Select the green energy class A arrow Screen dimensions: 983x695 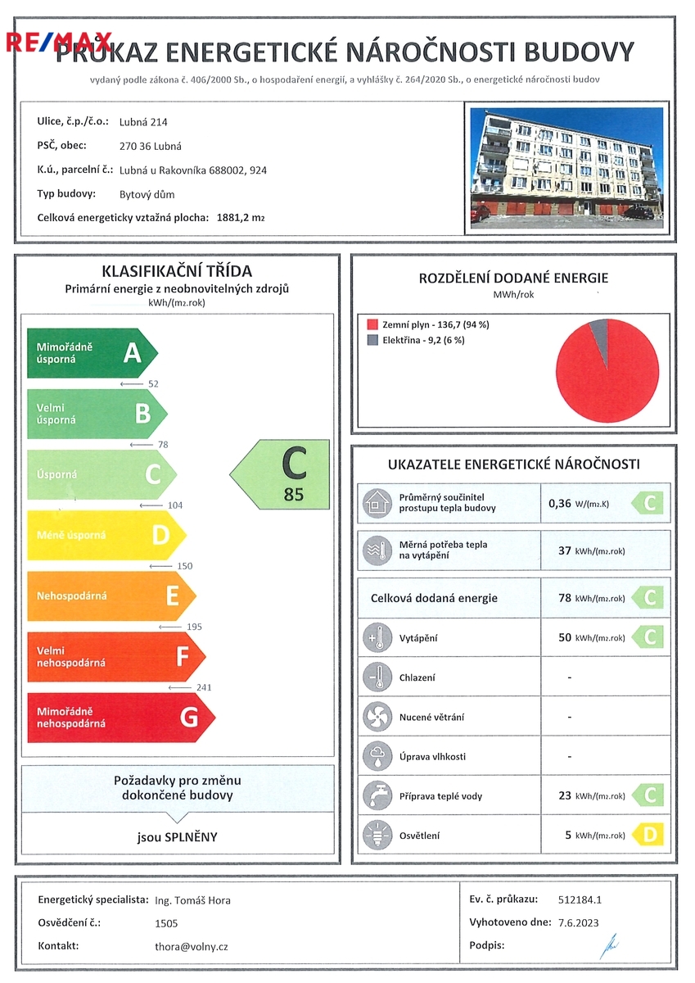pyautogui.click(x=90, y=353)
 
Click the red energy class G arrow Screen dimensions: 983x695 pyautogui.click(x=119, y=718)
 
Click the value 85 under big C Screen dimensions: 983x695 pyautogui.click(x=293, y=494)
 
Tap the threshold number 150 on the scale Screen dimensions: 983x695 pyautogui.click(x=184, y=566)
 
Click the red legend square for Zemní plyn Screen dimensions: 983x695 pyautogui.click(x=372, y=324)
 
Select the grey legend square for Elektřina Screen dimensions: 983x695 pyautogui.click(x=372, y=340)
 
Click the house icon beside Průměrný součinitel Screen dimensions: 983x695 pyautogui.click(x=377, y=502)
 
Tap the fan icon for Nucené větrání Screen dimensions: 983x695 pyautogui.click(x=377, y=717)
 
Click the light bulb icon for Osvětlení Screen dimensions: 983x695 pyautogui.click(x=377, y=835)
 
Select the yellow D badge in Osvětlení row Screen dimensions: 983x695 pyautogui.click(x=648, y=835)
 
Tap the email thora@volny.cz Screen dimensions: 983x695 pyautogui.click(x=192, y=946)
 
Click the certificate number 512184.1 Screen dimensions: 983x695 pyautogui.click(x=579, y=899)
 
